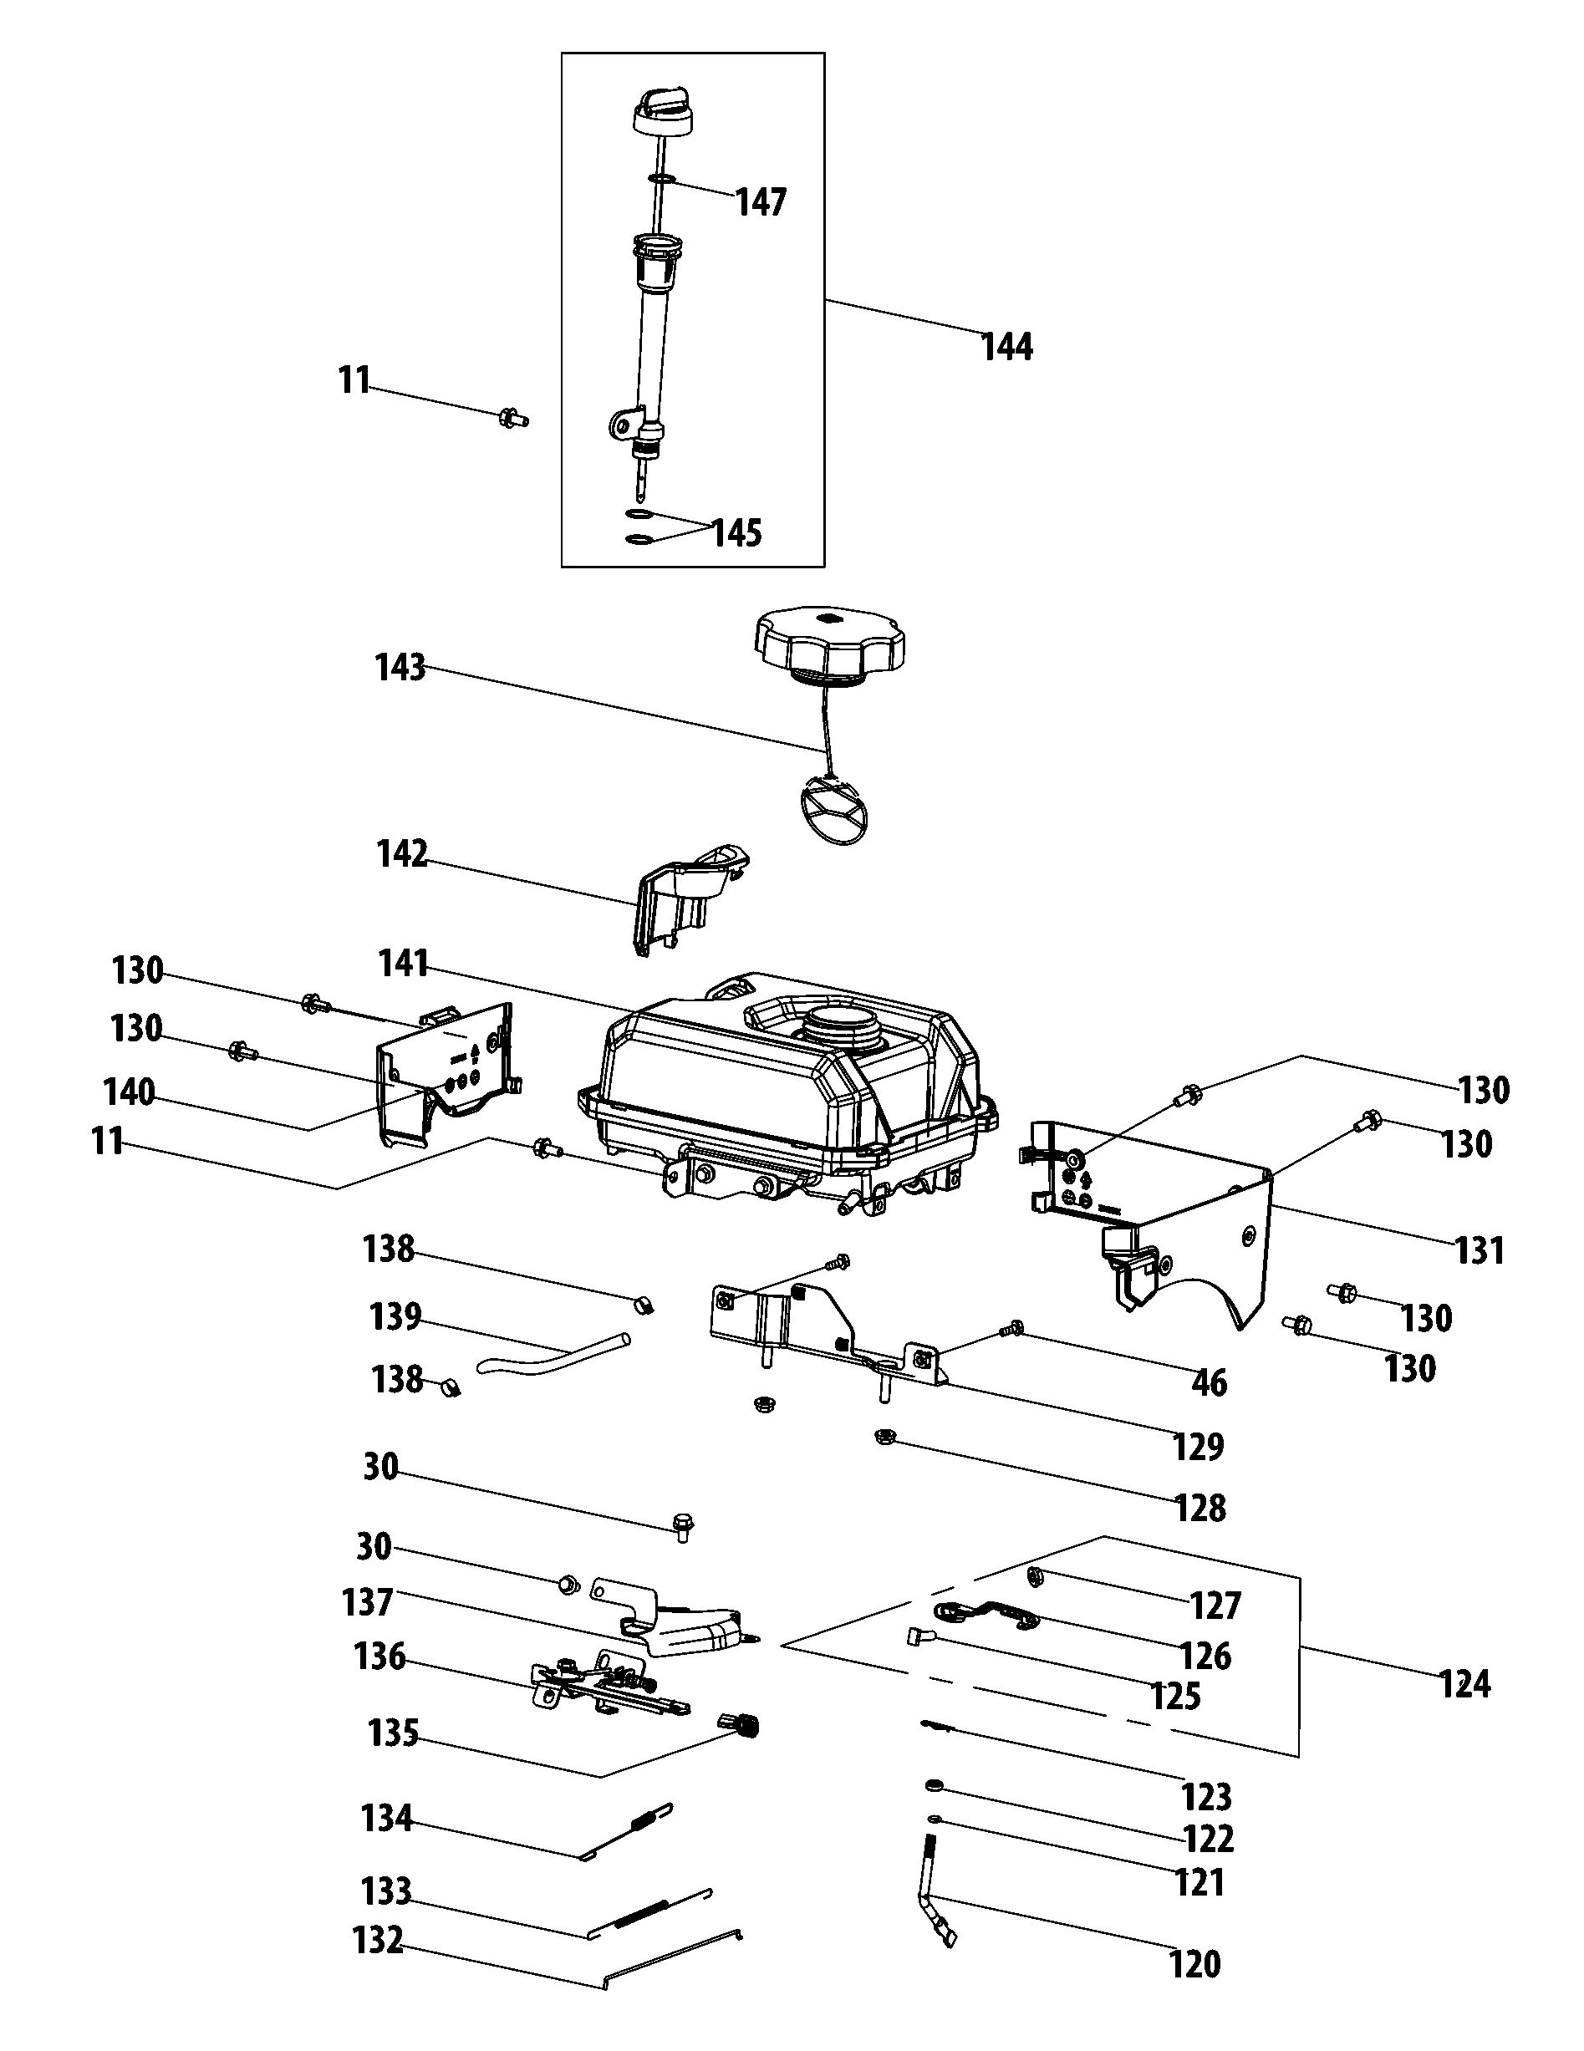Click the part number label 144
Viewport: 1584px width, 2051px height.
(x=1006, y=348)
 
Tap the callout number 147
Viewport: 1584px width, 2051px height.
(x=760, y=202)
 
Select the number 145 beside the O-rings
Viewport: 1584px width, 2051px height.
(x=737, y=533)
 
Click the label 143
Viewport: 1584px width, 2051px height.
(x=400, y=669)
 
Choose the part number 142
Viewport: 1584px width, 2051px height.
(x=402, y=854)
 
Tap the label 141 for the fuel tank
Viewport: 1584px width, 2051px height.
(x=404, y=964)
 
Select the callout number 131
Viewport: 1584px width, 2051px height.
(x=1480, y=1251)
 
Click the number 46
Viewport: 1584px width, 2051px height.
(x=1210, y=1382)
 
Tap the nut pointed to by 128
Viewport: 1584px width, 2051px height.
(x=884, y=1437)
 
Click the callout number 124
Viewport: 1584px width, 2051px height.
(x=1464, y=1684)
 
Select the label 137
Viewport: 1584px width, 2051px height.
(x=367, y=1601)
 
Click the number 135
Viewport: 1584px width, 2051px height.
(x=393, y=1733)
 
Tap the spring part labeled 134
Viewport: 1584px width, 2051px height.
(x=639, y=1826)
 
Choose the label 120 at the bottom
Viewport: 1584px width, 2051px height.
(x=1194, y=1964)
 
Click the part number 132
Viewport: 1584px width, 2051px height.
(x=378, y=1939)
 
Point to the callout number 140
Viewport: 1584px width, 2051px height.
(x=129, y=1093)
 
